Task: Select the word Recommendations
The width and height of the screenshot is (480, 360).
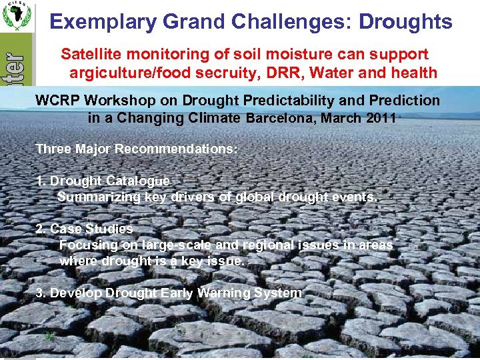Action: click(x=175, y=149)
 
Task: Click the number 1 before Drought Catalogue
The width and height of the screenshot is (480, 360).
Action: click(x=39, y=181)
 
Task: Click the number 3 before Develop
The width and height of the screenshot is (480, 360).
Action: click(x=39, y=293)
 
